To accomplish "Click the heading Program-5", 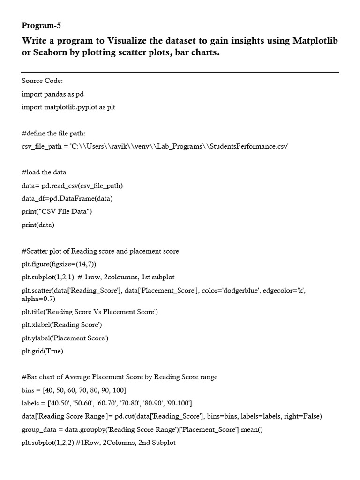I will click(41, 25).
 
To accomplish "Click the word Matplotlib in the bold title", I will click(315, 41).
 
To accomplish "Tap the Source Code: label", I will click(42, 81).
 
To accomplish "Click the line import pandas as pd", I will click(52, 94).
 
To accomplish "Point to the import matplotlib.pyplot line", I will click(68, 107).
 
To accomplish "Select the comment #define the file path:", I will click(53, 133).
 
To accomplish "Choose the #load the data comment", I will click(44, 172).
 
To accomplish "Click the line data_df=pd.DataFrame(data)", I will click(67, 198).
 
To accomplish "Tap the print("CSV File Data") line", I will click(57, 211).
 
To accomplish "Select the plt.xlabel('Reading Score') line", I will click(62, 324).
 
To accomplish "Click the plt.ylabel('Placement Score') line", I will click(65, 337).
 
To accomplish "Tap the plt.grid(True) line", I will click(42, 351).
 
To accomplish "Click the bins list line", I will click(74, 390).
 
